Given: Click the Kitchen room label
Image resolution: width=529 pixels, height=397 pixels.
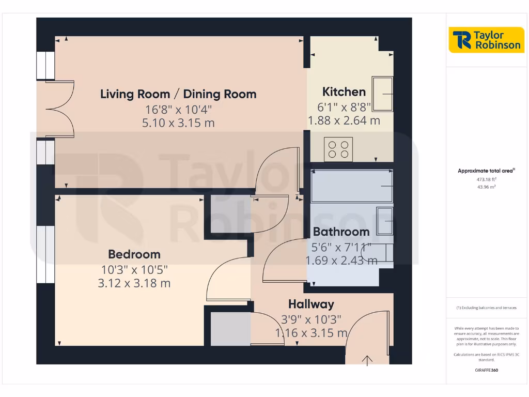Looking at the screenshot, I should (344, 92).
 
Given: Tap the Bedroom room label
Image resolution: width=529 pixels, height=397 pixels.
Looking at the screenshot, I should (134, 254).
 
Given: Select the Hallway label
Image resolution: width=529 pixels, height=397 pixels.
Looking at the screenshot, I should (311, 304).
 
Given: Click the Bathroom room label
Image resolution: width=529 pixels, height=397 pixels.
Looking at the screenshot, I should (341, 232).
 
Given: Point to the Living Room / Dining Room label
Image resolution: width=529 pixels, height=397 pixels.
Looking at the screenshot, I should (178, 94).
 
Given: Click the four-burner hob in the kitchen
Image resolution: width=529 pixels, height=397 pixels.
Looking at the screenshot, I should (339, 149).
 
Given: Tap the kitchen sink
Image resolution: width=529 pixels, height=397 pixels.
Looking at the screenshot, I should (382, 94).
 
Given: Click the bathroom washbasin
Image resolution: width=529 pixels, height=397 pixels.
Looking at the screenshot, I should (384, 221).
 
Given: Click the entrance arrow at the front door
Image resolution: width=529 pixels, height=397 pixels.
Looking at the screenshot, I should (368, 360).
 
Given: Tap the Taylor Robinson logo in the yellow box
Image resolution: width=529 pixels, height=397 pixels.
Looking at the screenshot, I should (486, 40).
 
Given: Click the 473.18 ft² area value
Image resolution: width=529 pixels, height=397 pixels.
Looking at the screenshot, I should (486, 179).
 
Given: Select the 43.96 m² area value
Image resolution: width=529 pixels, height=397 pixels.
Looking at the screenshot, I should (486, 187).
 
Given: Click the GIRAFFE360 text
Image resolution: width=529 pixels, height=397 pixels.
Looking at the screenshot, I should (486, 370).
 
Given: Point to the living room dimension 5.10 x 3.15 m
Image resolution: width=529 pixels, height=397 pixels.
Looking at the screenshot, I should (178, 123).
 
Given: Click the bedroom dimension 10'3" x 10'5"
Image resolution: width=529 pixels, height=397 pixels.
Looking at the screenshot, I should (134, 270).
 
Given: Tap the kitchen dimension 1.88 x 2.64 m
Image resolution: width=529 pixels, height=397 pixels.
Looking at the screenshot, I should (344, 121).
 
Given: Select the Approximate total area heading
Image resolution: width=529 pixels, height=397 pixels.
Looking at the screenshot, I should (486, 171).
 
